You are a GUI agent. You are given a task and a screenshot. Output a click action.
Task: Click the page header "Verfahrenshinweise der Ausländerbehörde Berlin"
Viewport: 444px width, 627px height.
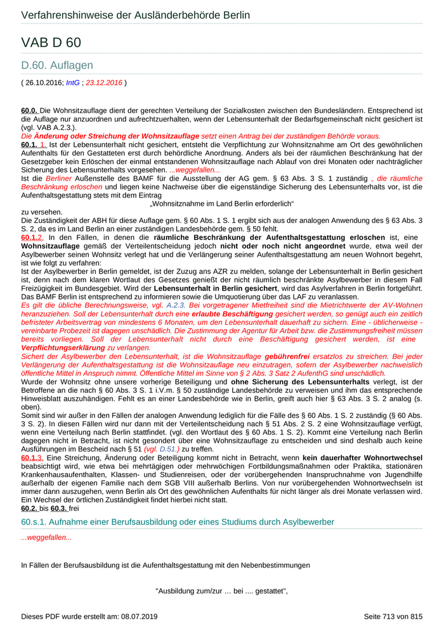click(x=135, y=15)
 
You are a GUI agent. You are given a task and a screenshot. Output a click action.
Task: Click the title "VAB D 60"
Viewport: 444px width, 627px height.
click(x=51, y=43)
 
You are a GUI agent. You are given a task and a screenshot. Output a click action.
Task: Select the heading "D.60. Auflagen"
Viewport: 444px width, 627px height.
click(x=57, y=65)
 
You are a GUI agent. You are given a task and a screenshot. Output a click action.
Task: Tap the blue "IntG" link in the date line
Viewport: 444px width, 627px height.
click(x=73, y=82)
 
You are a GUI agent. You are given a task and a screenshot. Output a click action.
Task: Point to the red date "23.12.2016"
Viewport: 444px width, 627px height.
click(x=103, y=82)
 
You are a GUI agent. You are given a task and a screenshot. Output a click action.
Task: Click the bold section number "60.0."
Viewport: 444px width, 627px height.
click(x=29, y=110)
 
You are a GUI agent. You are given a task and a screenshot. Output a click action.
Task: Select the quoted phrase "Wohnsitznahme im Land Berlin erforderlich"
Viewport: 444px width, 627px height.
click(x=221, y=204)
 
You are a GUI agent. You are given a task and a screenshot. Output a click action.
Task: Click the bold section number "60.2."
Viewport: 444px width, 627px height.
click(x=29, y=507)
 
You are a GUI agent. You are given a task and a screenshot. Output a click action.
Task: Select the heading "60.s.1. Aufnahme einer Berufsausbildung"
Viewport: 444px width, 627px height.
click(x=178, y=522)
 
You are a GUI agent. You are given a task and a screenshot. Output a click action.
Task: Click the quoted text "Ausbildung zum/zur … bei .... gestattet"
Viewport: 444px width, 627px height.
click(x=221, y=592)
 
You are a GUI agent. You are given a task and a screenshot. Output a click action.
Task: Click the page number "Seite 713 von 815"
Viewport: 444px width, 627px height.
click(x=393, y=616)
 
